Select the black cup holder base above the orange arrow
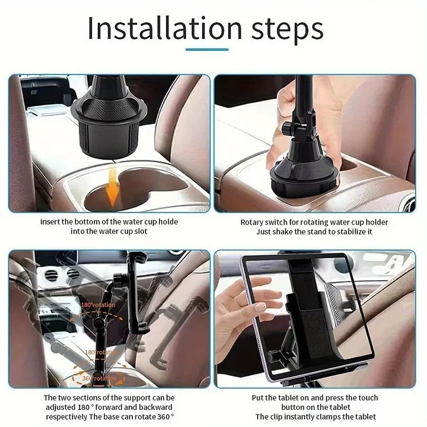pos(105,123)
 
